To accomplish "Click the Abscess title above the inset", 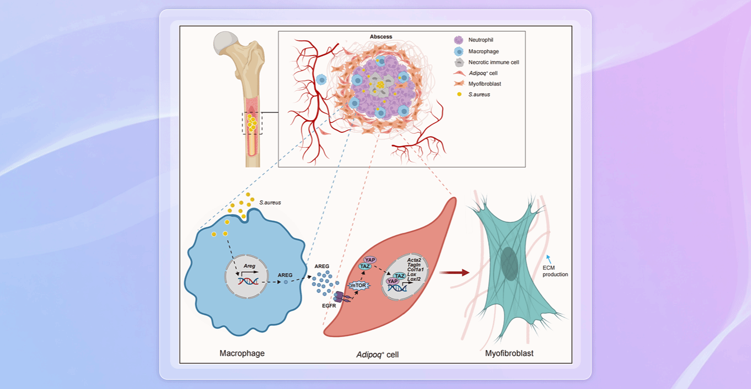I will pyautogui.click(x=381, y=37).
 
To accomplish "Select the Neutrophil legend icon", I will pyautogui.click(x=459, y=39).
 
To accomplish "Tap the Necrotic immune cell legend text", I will pyautogui.click(x=494, y=62).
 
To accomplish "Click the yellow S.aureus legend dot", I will pyautogui.click(x=459, y=94).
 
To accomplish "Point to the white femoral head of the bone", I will pyautogui.click(x=228, y=41).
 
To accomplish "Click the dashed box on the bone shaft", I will pyautogui.click(x=252, y=123).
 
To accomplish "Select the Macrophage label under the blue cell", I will pyautogui.click(x=242, y=353).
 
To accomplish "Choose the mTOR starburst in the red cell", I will pyautogui.click(x=357, y=285).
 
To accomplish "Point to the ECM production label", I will pyautogui.click(x=555, y=271).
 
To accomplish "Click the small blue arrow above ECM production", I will pyautogui.click(x=551, y=257).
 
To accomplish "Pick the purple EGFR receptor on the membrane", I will pyautogui.click(x=343, y=297).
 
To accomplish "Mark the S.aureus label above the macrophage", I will pyautogui.click(x=270, y=202).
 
